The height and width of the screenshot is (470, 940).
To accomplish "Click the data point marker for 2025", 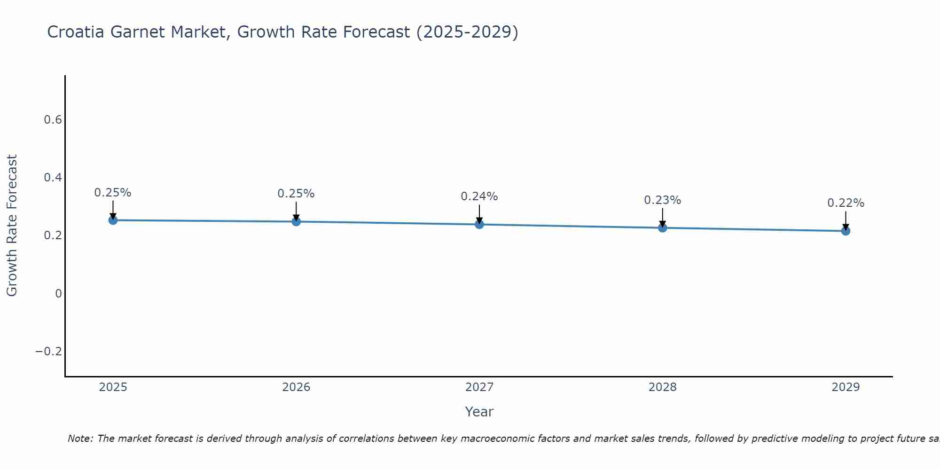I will pos(113,220).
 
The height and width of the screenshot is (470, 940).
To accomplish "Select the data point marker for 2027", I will pos(479,225).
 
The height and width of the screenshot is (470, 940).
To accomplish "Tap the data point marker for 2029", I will pos(846,231).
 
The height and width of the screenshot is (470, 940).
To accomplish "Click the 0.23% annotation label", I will pos(662,200).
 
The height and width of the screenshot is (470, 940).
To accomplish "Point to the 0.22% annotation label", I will pos(846,203).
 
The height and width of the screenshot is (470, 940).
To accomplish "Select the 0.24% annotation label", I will pos(479,196).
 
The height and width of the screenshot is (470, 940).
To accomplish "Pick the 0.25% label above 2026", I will pos(296,194).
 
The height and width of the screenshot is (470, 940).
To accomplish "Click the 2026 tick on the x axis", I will pos(296,387).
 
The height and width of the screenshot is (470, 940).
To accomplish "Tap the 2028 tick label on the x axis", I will pos(662,387).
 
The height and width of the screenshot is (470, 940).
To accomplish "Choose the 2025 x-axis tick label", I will pos(113,387).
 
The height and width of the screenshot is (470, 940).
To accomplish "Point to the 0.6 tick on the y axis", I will pos(53,120).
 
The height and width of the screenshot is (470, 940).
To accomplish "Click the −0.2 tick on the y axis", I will pos(48,352).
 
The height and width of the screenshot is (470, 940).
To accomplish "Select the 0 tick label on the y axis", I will pos(58,294).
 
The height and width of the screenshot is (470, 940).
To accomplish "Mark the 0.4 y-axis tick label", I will pos(53,178).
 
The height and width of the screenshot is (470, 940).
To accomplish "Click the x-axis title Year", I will pos(479,412).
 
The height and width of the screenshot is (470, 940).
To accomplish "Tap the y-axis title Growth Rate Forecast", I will pos(12,226).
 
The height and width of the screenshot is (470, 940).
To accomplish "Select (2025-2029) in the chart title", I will pos(467,32).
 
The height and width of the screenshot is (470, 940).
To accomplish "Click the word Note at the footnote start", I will pos(80,439).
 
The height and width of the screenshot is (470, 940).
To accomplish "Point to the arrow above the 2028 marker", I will pos(662,217).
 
